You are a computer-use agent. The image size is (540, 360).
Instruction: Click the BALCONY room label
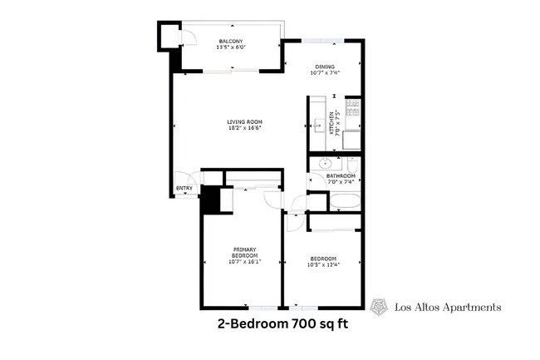click(x=230, y=41)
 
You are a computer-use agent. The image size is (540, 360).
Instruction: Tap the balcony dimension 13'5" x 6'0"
click(x=230, y=47)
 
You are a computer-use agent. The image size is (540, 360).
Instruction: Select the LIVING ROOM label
click(x=239, y=121)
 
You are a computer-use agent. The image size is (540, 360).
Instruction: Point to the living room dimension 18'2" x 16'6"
click(x=239, y=128)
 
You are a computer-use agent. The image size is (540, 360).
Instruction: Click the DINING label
click(x=324, y=67)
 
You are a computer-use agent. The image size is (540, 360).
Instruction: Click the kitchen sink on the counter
click(x=317, y=126)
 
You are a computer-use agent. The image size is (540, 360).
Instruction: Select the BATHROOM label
click(x=341, y=176)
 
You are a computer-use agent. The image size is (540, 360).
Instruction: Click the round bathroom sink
click(x=326, y=163)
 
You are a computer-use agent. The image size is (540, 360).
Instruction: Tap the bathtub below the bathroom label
click(x=343, y=200)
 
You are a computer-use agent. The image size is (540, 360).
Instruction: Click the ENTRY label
click(x=184, y=189)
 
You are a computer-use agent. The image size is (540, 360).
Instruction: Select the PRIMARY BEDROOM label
click(x=243, y=252)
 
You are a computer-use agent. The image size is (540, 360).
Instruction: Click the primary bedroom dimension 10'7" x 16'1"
click(x=243, y=262)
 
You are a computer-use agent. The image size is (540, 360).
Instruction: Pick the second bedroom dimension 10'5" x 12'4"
click(x=323, y=264)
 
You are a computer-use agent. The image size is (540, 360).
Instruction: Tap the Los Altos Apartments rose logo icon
click(x=379, y=307)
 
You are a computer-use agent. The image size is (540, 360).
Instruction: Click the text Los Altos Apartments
click(x=447, y=308)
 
